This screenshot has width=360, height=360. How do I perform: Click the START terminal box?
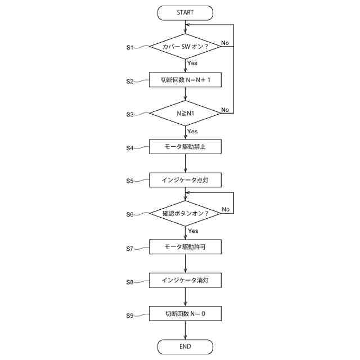(x=185, y=12)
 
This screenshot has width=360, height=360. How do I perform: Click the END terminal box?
(x=185, y=346)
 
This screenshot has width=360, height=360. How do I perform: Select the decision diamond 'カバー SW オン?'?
(x=185, y=47)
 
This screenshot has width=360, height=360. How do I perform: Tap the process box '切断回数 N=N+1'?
(x=185, y=80)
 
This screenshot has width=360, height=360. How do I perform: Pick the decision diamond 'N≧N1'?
(x=185, y=114)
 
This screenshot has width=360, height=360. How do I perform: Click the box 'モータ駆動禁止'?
(x=185, y=147)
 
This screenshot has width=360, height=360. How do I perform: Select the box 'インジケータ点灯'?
(x=185, y=181)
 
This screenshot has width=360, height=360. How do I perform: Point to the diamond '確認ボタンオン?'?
(x=185, y=214)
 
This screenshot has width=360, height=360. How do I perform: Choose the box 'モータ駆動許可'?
(x=185, y=247)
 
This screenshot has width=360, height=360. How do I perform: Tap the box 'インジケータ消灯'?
(x=185, y=280)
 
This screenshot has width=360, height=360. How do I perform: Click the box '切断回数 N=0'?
(x=185, y=313)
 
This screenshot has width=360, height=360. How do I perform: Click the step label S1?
(x=130, y=48)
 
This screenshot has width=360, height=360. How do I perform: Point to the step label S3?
(x=130, y=115)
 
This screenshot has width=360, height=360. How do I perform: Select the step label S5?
(x=130, y=181)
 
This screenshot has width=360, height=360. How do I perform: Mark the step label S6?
(x=130, y=214)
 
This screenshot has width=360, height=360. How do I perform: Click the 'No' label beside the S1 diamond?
(x=224, y=43)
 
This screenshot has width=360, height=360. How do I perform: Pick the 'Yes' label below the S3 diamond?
(x=192, y=131)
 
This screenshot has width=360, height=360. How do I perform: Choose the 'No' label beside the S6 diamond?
(x=226, y=209)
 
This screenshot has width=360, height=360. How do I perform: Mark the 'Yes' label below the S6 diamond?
(x=193, y=231)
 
